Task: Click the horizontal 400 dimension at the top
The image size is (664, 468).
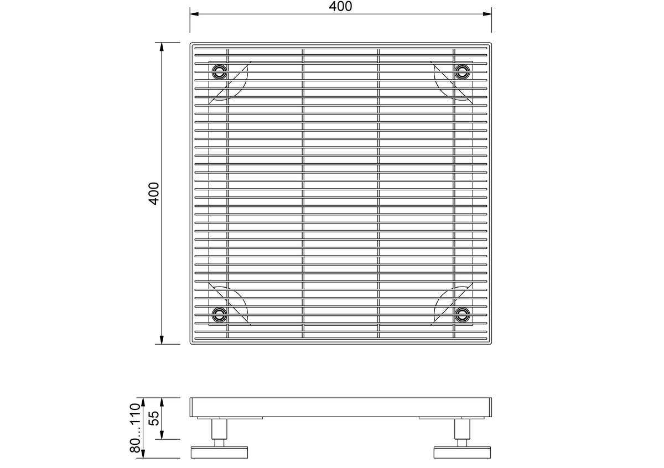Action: pyautogui.click(x=340, y=7)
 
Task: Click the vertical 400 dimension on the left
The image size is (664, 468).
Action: pyautogui.click(x=154, y=194)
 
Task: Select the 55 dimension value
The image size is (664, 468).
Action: pyautogui.click(x=154, y=418)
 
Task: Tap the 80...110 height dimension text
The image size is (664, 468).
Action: pyautogui.click(x=135, y=428)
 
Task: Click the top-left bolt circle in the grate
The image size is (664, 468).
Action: pyautogui.click(x=220, y=71)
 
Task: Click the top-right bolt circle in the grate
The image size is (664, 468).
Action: pyautogui.click(x=462, y=71)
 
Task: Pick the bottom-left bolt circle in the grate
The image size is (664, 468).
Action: pyautogui.click(x=220, y=314)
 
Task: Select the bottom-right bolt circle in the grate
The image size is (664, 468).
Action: pyautogui.click(x=462, y=314)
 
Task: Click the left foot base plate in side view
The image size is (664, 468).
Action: pyautogui.click(x=219, y=453)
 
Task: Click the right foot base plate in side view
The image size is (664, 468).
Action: pyautogui.click(x=462, y=453)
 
